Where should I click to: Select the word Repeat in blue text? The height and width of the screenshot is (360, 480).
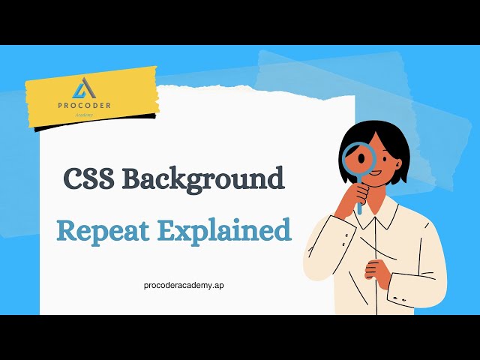(x=101, y=230)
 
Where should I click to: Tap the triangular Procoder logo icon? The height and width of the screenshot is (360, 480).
(x=82, y=89)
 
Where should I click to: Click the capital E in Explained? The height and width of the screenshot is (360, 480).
(x=166, y=229)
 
